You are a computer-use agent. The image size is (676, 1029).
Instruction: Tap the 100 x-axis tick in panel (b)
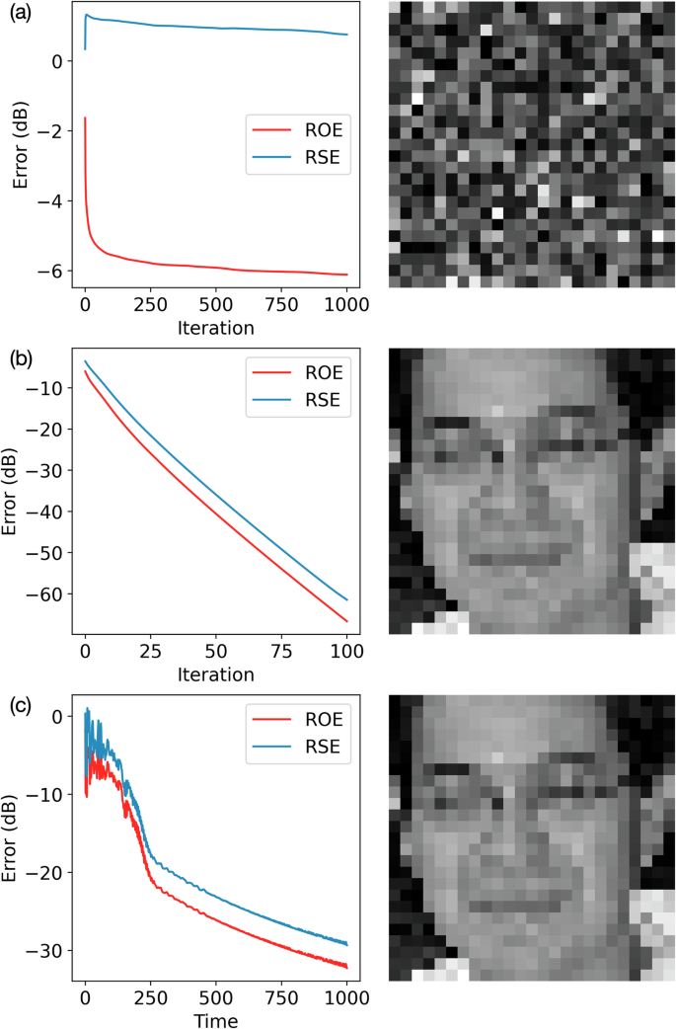(345, 654)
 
